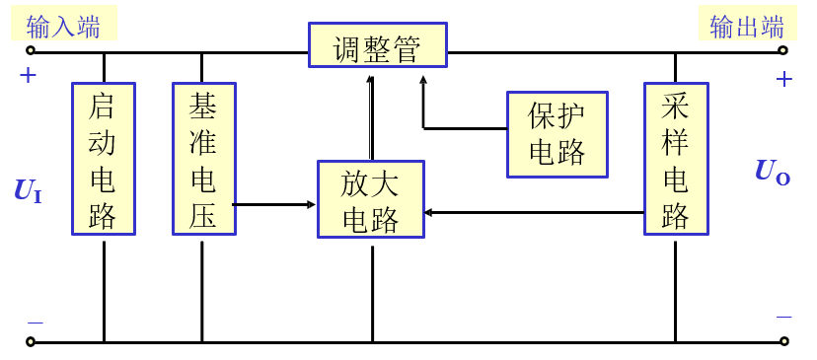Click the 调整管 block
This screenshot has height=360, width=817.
coord(377,45)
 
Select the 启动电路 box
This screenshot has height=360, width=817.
coord(104,159)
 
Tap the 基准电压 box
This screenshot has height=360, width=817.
coord(203,159)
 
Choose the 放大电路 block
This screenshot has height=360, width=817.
coord(371,199)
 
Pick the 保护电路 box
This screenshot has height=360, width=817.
coord(557,134)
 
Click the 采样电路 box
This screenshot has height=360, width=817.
coord(676,159)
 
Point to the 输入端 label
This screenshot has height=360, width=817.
coord(63,27)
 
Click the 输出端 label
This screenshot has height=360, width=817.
coord(747,27)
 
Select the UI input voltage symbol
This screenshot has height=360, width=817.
coord(28,191)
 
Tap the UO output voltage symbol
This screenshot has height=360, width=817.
coord(772,172)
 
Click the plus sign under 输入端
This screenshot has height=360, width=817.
coord(28,75)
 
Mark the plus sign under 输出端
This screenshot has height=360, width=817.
coord(784,79)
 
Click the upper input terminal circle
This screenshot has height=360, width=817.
coord(31,50)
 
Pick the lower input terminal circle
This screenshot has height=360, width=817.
coord(31,342)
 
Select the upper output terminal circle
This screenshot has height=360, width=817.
coord(783,50)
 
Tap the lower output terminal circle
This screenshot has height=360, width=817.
coord(783,342)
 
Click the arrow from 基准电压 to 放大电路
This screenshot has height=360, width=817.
coord(276,205)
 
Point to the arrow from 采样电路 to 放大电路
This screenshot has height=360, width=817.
coord(533,212)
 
